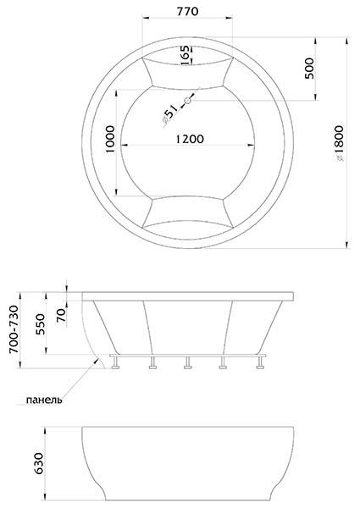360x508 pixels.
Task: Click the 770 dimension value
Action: tap(187, 11)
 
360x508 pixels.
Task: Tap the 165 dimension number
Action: tap(185, 55)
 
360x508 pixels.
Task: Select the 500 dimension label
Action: tap(309, 68)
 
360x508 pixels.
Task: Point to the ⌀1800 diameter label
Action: tap(339, 143)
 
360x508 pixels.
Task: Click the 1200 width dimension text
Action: tap(190, 139)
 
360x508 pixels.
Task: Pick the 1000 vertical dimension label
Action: tap(110, 140)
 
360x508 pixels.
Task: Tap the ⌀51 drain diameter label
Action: tap(170, 114)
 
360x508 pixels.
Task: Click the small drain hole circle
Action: tap(187, 101)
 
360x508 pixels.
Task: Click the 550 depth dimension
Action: tap(40, 324)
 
